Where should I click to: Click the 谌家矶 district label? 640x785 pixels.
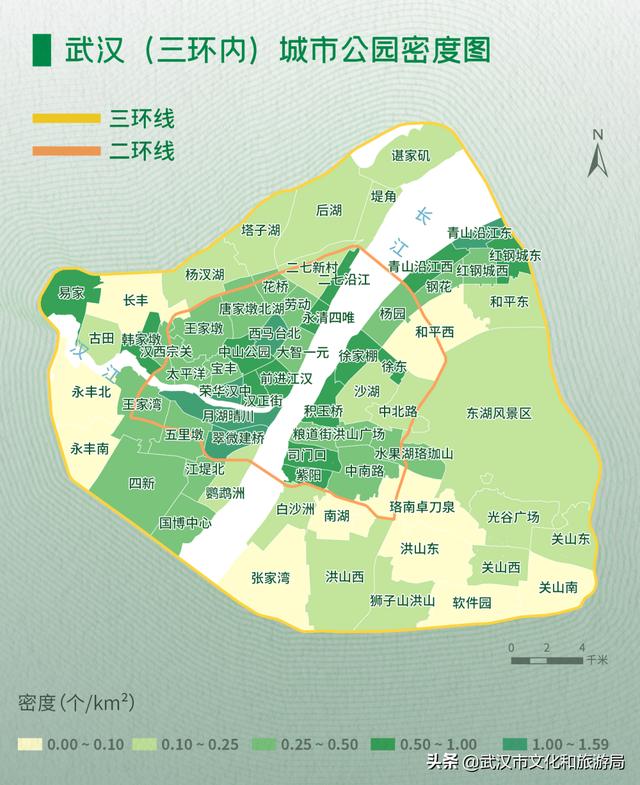pyautogui.click(x=410, y=155)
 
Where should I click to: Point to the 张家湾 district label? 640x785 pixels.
pyautogui.click(x=270, y=577)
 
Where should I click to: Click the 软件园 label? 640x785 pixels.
pyautogui.click(x=472, y=602)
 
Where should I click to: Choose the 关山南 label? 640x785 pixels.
pyautogui.click(x=557, y=588)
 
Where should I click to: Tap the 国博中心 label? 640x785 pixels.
pyautogui.click(x=185, y=522)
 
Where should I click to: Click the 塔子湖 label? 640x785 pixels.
pyautogui.click(x=260, y=229)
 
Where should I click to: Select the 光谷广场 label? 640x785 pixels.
pyautogui.click(x=513, y=517)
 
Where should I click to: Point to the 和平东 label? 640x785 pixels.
pyautogui.click(x=509, y=301)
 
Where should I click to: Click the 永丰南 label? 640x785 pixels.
pyautogui.click(x=90, y=450)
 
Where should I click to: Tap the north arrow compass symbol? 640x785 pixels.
pyautogui.click(x=598, y=155)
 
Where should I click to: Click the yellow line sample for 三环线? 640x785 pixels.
pyautogui.click(x=66, y=119)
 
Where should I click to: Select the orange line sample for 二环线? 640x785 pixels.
pyautogui.click(x=66, y=151)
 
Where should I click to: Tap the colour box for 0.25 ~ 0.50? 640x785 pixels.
pyautogui.click(x=265, y=744)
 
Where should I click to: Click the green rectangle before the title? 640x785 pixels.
pyautogui.click(x=41, y=51)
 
